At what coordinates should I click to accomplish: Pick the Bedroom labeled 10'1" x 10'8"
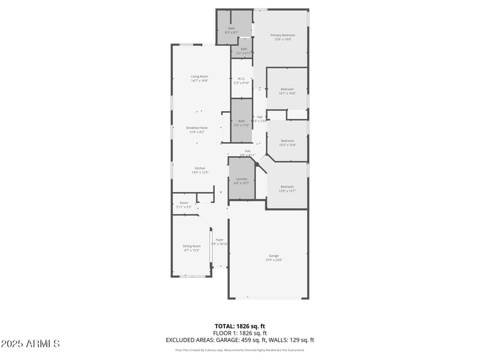[287, 91]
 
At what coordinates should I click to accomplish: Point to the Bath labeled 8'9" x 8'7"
[232, 30]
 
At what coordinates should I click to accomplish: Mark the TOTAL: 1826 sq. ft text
[239, 326]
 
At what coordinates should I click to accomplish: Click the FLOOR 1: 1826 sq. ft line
[239, 333]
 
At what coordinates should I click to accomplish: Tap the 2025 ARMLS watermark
[30, 344]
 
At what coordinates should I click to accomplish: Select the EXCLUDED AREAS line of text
[239, 340]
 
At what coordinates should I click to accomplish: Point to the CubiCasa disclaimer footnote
[239, 350]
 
